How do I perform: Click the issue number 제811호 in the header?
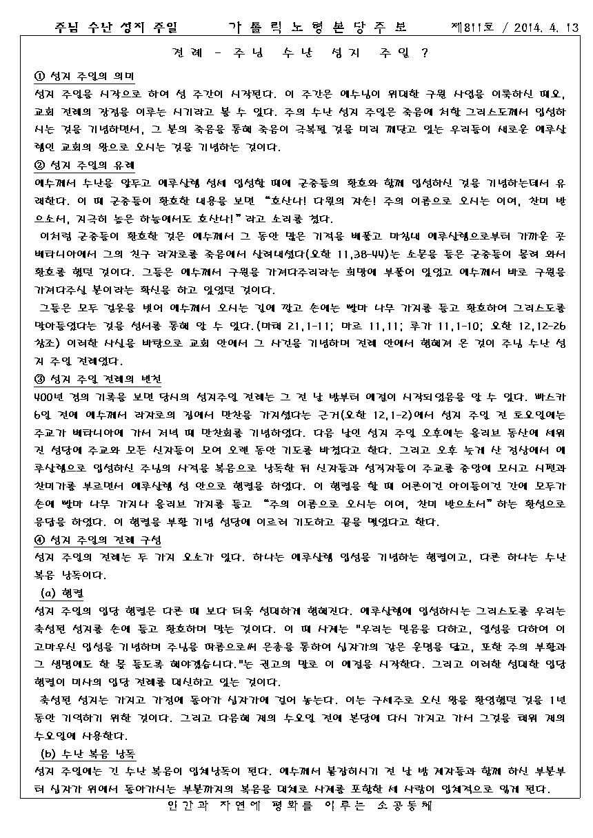[x=469, y=28]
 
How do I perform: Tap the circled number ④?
[x=39, y=539]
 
